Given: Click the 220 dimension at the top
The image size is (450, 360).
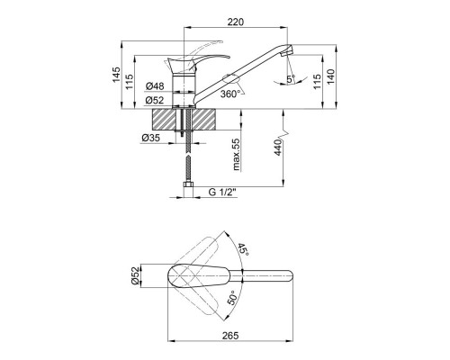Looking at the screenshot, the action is (236, 22).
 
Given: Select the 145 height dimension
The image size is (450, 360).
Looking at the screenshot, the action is (116, 75).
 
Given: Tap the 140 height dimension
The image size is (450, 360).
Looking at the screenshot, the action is (330, 76).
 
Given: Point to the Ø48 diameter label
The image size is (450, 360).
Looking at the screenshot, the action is (155, 86).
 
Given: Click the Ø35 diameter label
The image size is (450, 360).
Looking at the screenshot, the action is (150, 138).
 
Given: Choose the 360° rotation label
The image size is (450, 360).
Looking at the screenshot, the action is (230, 94).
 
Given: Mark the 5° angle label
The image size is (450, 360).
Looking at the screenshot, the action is (291, 79).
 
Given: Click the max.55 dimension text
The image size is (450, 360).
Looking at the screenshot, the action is (237, 154).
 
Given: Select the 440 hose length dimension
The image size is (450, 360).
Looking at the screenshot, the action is (278, 148).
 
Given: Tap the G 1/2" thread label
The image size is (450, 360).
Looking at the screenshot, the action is (222, 192).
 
